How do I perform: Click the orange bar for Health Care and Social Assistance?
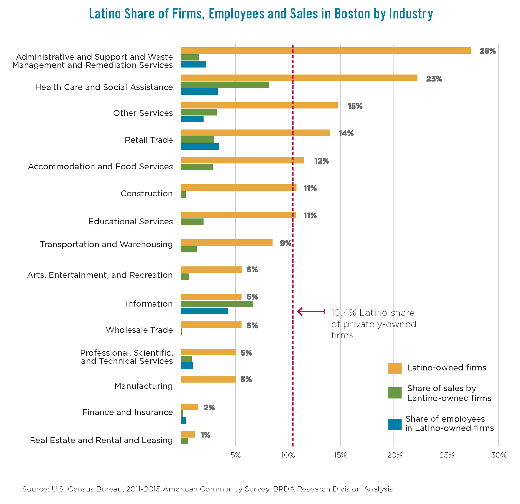click(x=299, y=78)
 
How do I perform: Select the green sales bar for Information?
click(x=217, y=304)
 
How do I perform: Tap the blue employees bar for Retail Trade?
click(x=200, y=146)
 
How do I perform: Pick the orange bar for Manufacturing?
click(x=208, y=379)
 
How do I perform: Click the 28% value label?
click(x=487, y=51)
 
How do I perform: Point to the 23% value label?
click(x=434, y=79)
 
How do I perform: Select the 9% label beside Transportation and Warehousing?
click(x=285, y=244)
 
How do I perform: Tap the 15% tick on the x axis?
click(x=340, y=455)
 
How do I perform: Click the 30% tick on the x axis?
click(x=499, y=455)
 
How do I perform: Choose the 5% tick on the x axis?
click(x=235, y=455)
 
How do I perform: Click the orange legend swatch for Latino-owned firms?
click(x=395, y=368)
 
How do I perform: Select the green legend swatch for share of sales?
click(x=395, y=393)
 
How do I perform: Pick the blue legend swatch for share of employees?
click(x=395, y=424)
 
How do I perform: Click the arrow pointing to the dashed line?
click(x=311, y=312)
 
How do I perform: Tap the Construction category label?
click(x=146, y=193)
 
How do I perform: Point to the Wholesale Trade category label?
click(x=139, y=330)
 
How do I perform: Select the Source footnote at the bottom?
click(x=207, y=489)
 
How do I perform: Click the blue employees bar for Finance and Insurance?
click(x=183, y=421)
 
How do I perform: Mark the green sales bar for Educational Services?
click(x=192, y=222)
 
